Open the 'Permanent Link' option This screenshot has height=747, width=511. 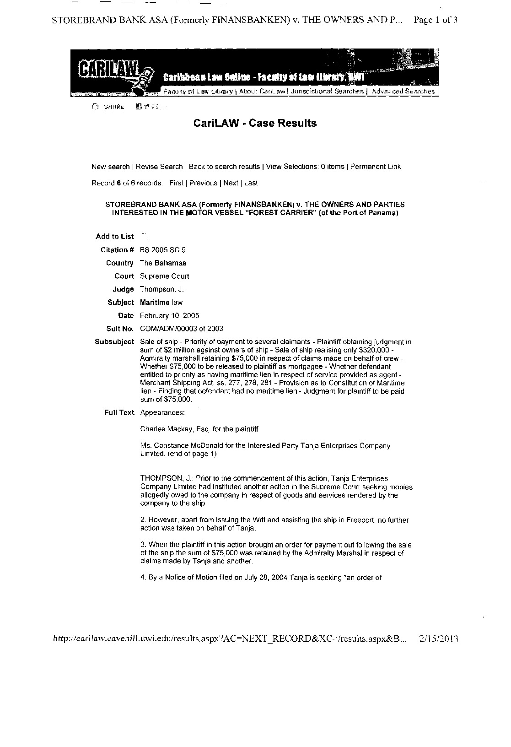pos(376,167)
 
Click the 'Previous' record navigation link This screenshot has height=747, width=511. pos(203,183)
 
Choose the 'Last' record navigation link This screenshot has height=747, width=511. pos(251,183)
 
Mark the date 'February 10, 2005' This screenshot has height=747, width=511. pos(169,316)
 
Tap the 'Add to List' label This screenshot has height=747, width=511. pos(114,237)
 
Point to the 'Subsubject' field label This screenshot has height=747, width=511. pos(114,342)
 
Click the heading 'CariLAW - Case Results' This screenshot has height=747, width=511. pos(255,123)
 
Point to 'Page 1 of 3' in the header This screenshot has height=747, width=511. pos(435,20)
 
